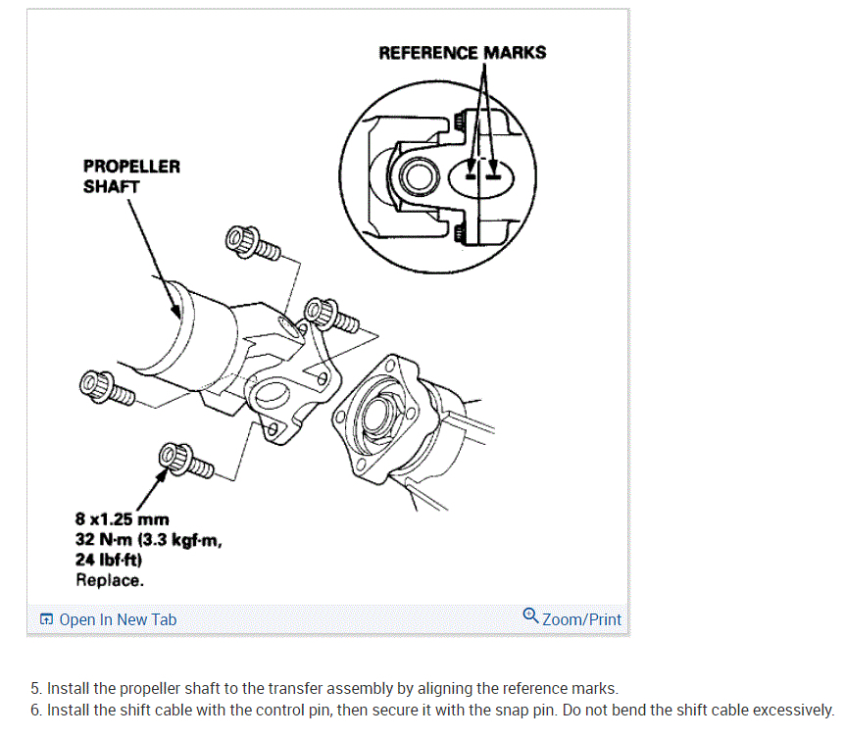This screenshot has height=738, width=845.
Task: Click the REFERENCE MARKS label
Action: pyautogui.click(x=462, y=52)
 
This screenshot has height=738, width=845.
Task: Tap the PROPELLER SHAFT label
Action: pyautogui.click(x=131, y=175)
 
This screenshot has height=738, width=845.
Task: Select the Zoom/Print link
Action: pyautogui.click(x=581, y=619)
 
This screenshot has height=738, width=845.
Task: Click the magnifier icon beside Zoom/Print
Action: pyautogui.click(x=531, y=616)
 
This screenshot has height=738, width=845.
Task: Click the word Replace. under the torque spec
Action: pyautogui.click(x=110, y=579)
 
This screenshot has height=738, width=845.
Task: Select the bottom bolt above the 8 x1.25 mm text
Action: pyautogui.click(x=184, y=459)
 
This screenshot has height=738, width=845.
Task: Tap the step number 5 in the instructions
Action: pyautogui.click(x=35, y=689)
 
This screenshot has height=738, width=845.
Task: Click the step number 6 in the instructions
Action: pyautogui.click(x=35, y=710)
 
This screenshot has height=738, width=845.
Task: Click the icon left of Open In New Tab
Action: pyautogui.click(x=46, y=619)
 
